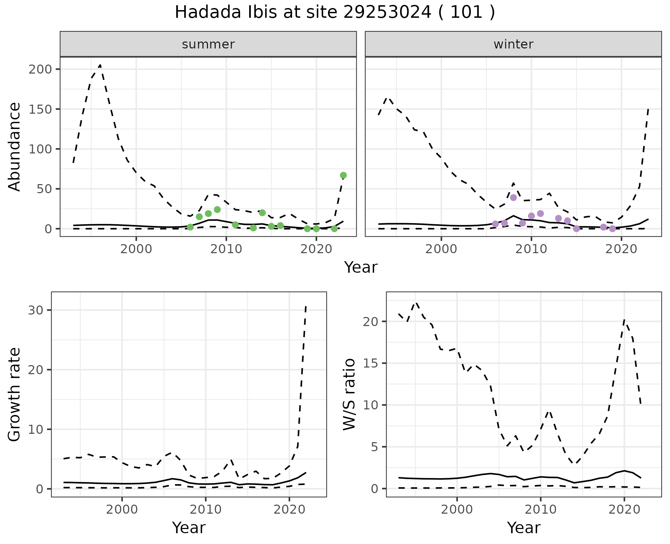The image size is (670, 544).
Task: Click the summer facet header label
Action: click(x=208, y=44)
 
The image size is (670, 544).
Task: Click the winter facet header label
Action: click(x=513, y=44)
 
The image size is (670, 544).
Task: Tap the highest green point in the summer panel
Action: click(x=343, y=175)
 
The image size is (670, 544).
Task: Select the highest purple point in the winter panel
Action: click(x=513, y=197)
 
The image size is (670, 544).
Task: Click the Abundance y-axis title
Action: click(x=15, y=146)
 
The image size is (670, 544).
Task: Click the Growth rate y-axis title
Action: click(x=15, y=394)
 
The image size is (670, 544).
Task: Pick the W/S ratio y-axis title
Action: click(x=349, y=394)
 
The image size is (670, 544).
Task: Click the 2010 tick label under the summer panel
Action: click(x=226, y=249)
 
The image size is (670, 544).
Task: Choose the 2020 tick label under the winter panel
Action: click(x=621, y=249)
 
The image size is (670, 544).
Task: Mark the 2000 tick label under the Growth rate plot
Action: click(x=122, y=509)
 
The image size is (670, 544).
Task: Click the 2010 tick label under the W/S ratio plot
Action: click(x=540, y=509)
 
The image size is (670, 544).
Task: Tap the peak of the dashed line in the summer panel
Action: click(x=100, y=65)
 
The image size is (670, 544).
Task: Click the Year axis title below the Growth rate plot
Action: click(x=189, y=528)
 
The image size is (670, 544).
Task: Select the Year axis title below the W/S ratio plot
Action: click(x=524, y=528)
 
